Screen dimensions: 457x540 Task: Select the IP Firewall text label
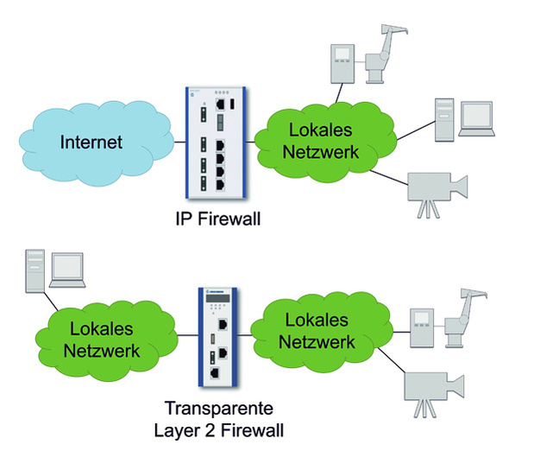[216, 219]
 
